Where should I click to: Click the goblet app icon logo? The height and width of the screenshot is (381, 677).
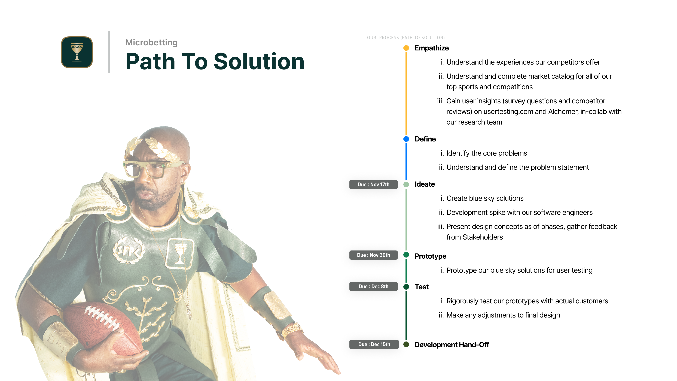click(x=77, y=52)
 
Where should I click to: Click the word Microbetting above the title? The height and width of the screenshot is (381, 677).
click(x=151, y=42)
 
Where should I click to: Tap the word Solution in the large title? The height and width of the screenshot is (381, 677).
click(x=259, y=62)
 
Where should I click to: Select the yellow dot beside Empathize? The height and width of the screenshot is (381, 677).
click(x=406, y=48)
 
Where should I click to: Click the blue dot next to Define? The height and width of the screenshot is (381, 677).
click(x=406, y=139)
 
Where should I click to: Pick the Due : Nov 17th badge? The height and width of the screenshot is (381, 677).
click(x=373, y=184)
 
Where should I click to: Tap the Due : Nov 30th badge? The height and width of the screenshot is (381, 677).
click(x=373, y=255)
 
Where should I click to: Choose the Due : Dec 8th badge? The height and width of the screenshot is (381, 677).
click(x=373, y=286)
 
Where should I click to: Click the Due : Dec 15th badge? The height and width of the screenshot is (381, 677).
click(x=374, y=344)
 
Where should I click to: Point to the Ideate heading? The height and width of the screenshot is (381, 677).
click(x=425, y=184)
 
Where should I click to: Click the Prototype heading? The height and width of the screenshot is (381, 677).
click(x=431, y=256)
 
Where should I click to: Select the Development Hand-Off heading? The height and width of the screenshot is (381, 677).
click(x=452, y=344)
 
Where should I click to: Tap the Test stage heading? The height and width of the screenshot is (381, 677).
click(x=422, y=287)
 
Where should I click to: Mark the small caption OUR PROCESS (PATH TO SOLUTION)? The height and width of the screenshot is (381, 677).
click(x=406, y=38)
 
